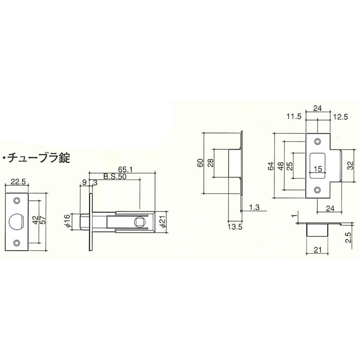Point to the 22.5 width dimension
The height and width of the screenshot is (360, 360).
[17, 182]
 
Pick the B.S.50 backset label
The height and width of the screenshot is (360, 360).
[115, 176]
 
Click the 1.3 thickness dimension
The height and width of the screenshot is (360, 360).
[253, 207]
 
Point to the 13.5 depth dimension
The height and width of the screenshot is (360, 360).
[235, 227]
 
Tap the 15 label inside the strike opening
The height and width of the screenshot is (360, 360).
[318, 169]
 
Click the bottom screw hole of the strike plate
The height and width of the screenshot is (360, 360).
[318, 190]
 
